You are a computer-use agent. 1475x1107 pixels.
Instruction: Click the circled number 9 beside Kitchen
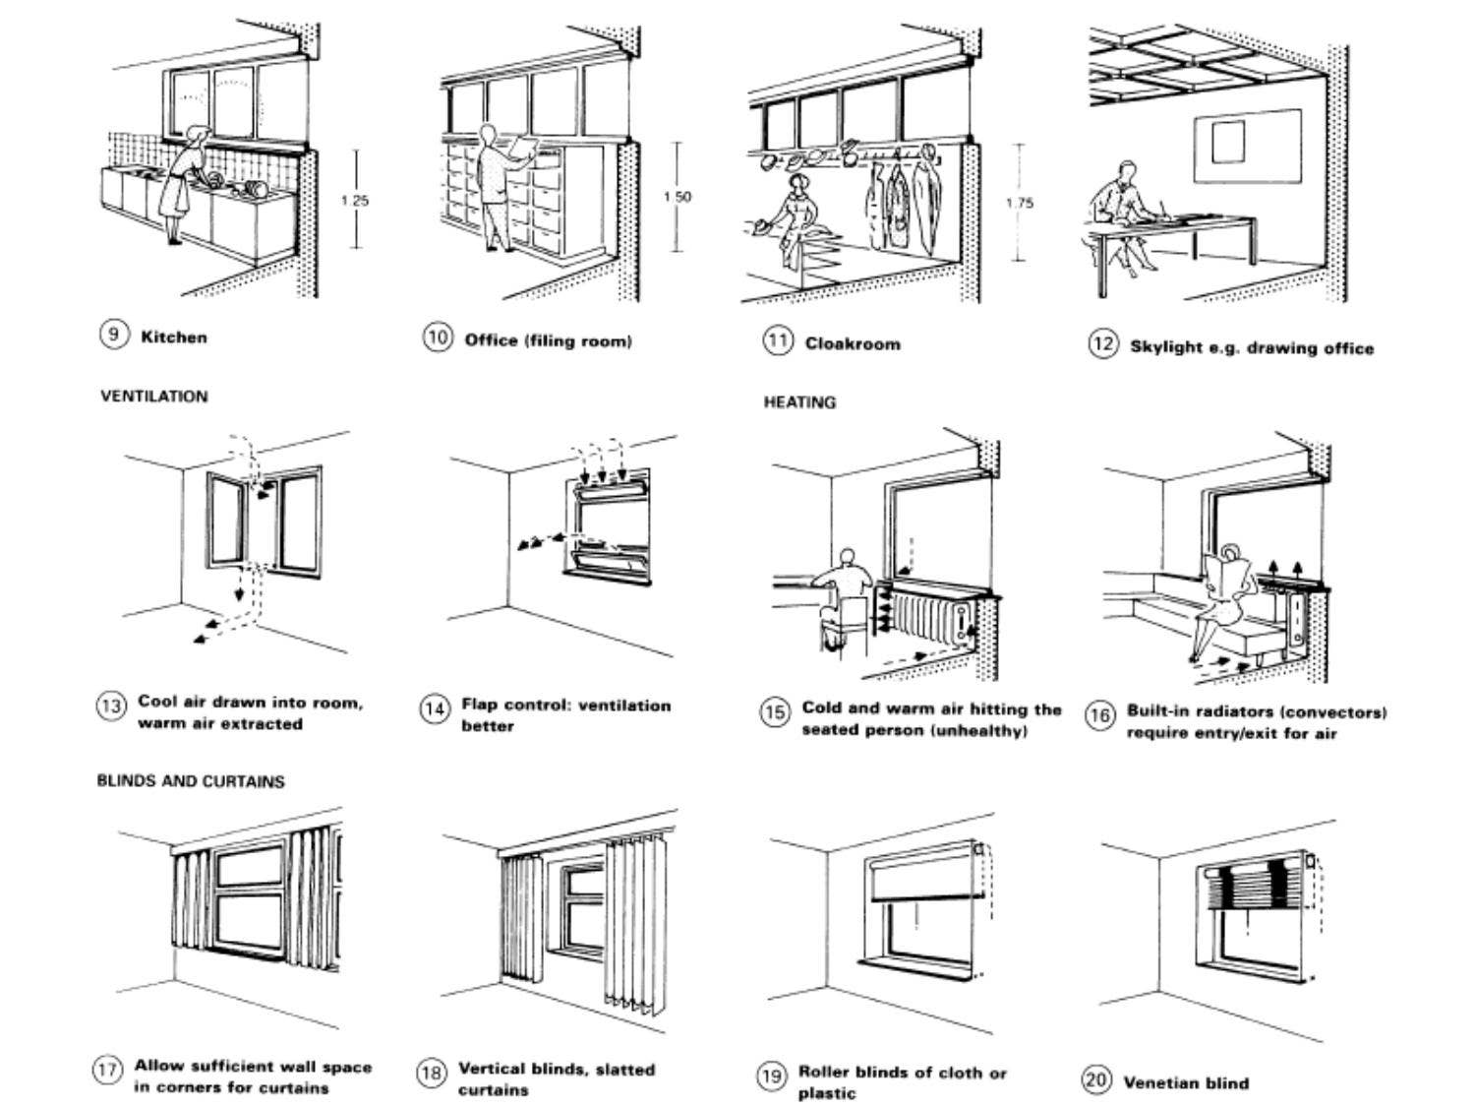113,335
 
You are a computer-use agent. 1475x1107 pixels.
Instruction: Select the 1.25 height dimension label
354,201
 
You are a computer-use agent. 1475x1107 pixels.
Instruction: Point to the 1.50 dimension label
677,197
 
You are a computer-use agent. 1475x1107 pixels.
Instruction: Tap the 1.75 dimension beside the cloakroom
1019,204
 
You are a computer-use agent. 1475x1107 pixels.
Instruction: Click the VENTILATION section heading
154,397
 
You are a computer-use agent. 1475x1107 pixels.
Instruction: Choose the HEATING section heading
799,402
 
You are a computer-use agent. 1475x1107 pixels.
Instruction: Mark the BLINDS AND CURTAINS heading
190,781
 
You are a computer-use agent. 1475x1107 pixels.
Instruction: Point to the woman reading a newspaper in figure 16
1224,600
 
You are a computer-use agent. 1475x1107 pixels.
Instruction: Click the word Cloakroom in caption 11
852,343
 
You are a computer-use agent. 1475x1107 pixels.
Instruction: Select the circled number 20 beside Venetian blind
1096,1079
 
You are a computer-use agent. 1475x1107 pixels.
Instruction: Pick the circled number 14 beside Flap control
434,708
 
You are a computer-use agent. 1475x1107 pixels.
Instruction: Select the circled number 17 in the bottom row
107,1070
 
